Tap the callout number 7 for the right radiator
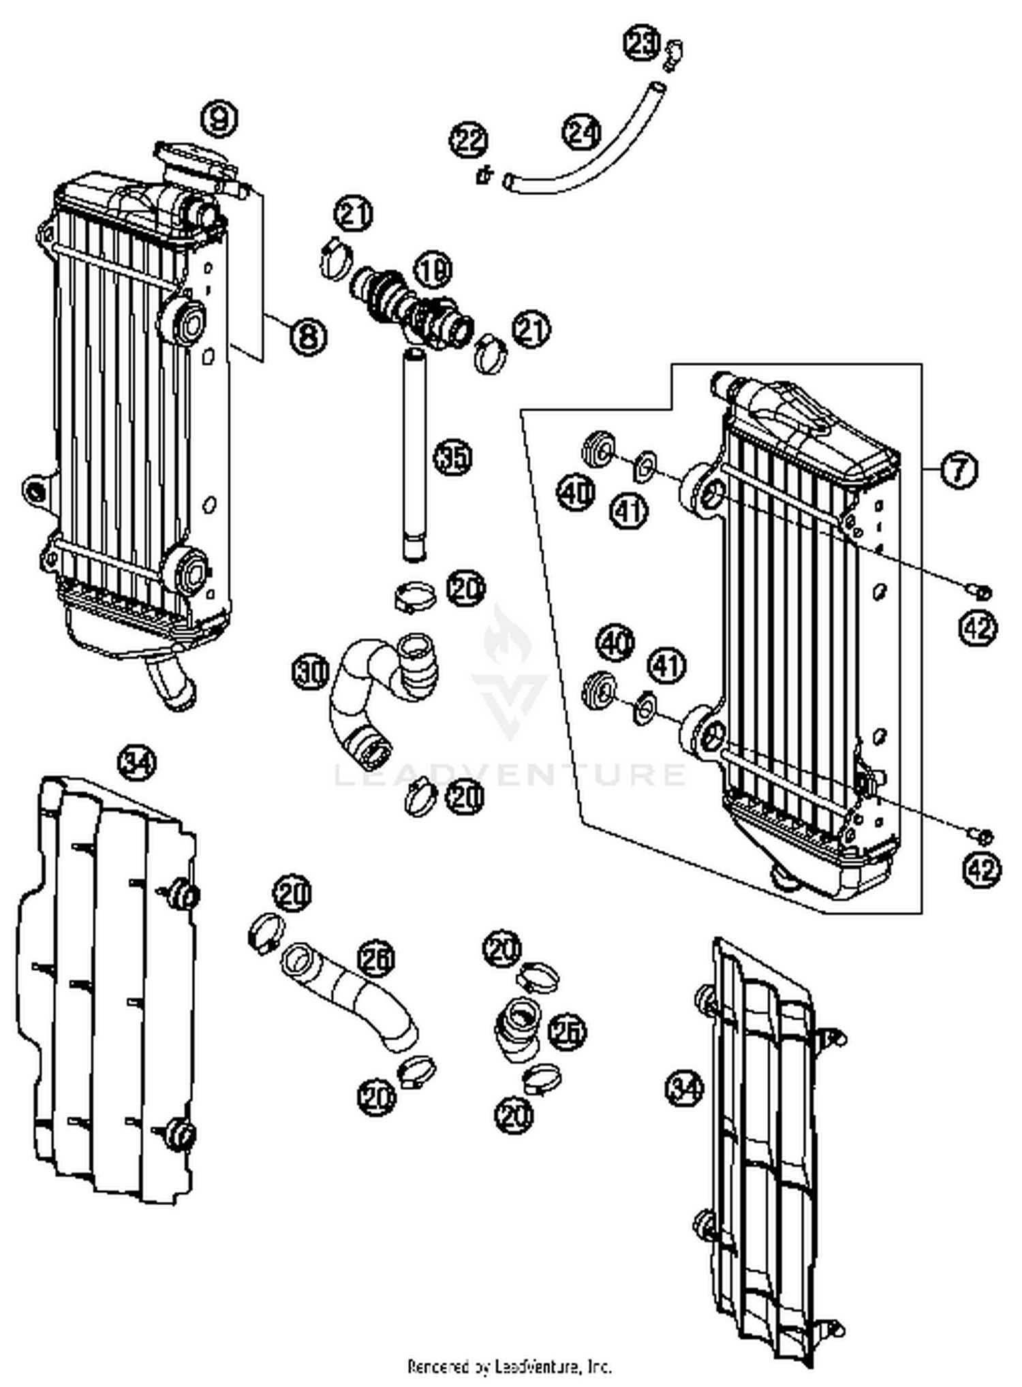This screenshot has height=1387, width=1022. pyautogui.click(x=959, y=469)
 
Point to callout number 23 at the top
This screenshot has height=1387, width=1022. pyautogui.click(x=642, y=45)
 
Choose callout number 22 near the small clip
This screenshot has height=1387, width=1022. pyautogui.click(x=469, y=141)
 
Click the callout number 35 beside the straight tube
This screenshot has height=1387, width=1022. pyautogui.click(x=453, y=457)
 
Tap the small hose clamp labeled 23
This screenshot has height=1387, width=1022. pyautogui.click(x=673, y=54)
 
